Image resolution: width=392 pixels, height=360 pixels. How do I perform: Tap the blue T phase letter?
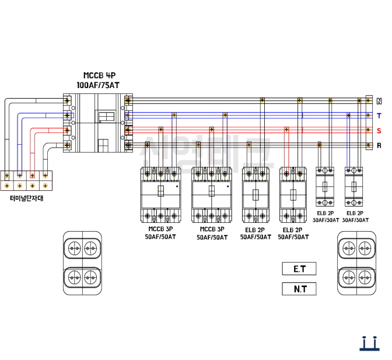379,116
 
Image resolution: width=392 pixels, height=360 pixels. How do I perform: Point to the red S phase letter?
379,130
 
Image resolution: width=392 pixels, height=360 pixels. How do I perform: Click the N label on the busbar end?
379,101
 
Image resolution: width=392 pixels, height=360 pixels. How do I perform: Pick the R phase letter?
379,145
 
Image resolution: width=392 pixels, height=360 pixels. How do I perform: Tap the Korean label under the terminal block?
27,198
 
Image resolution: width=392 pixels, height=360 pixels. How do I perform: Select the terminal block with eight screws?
26,180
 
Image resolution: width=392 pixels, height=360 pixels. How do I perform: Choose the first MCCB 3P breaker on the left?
161,195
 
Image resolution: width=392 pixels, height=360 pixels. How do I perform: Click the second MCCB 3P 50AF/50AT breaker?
211,195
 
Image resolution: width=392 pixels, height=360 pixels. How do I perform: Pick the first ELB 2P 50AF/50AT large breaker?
256,195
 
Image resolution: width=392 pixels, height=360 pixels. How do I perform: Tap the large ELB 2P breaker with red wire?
293,195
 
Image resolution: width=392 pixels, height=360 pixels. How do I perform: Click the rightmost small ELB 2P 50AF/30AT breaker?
355,187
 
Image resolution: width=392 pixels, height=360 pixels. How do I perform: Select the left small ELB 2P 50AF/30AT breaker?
325,187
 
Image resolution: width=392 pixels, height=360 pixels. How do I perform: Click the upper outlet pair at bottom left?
82,249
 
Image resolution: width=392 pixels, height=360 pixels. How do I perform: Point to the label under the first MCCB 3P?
160,233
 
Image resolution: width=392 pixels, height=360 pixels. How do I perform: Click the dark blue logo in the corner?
367,344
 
